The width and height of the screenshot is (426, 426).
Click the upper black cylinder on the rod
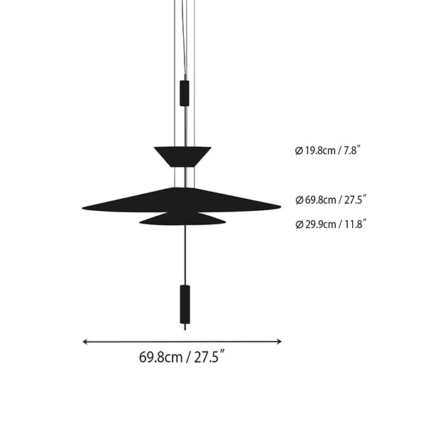pos(185,93)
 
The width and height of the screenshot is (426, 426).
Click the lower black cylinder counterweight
pos(185,305)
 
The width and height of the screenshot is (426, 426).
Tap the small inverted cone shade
pos(182,157)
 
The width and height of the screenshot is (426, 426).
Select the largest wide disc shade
pos(182,200)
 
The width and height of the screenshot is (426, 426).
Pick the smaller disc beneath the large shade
pos(182,219)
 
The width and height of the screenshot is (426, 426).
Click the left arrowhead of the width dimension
pos(85,342)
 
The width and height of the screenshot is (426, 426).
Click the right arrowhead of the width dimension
pos(279,342)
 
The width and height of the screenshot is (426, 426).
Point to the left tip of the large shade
pos(82,208)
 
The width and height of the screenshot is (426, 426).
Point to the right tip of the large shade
pos(280,207)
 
